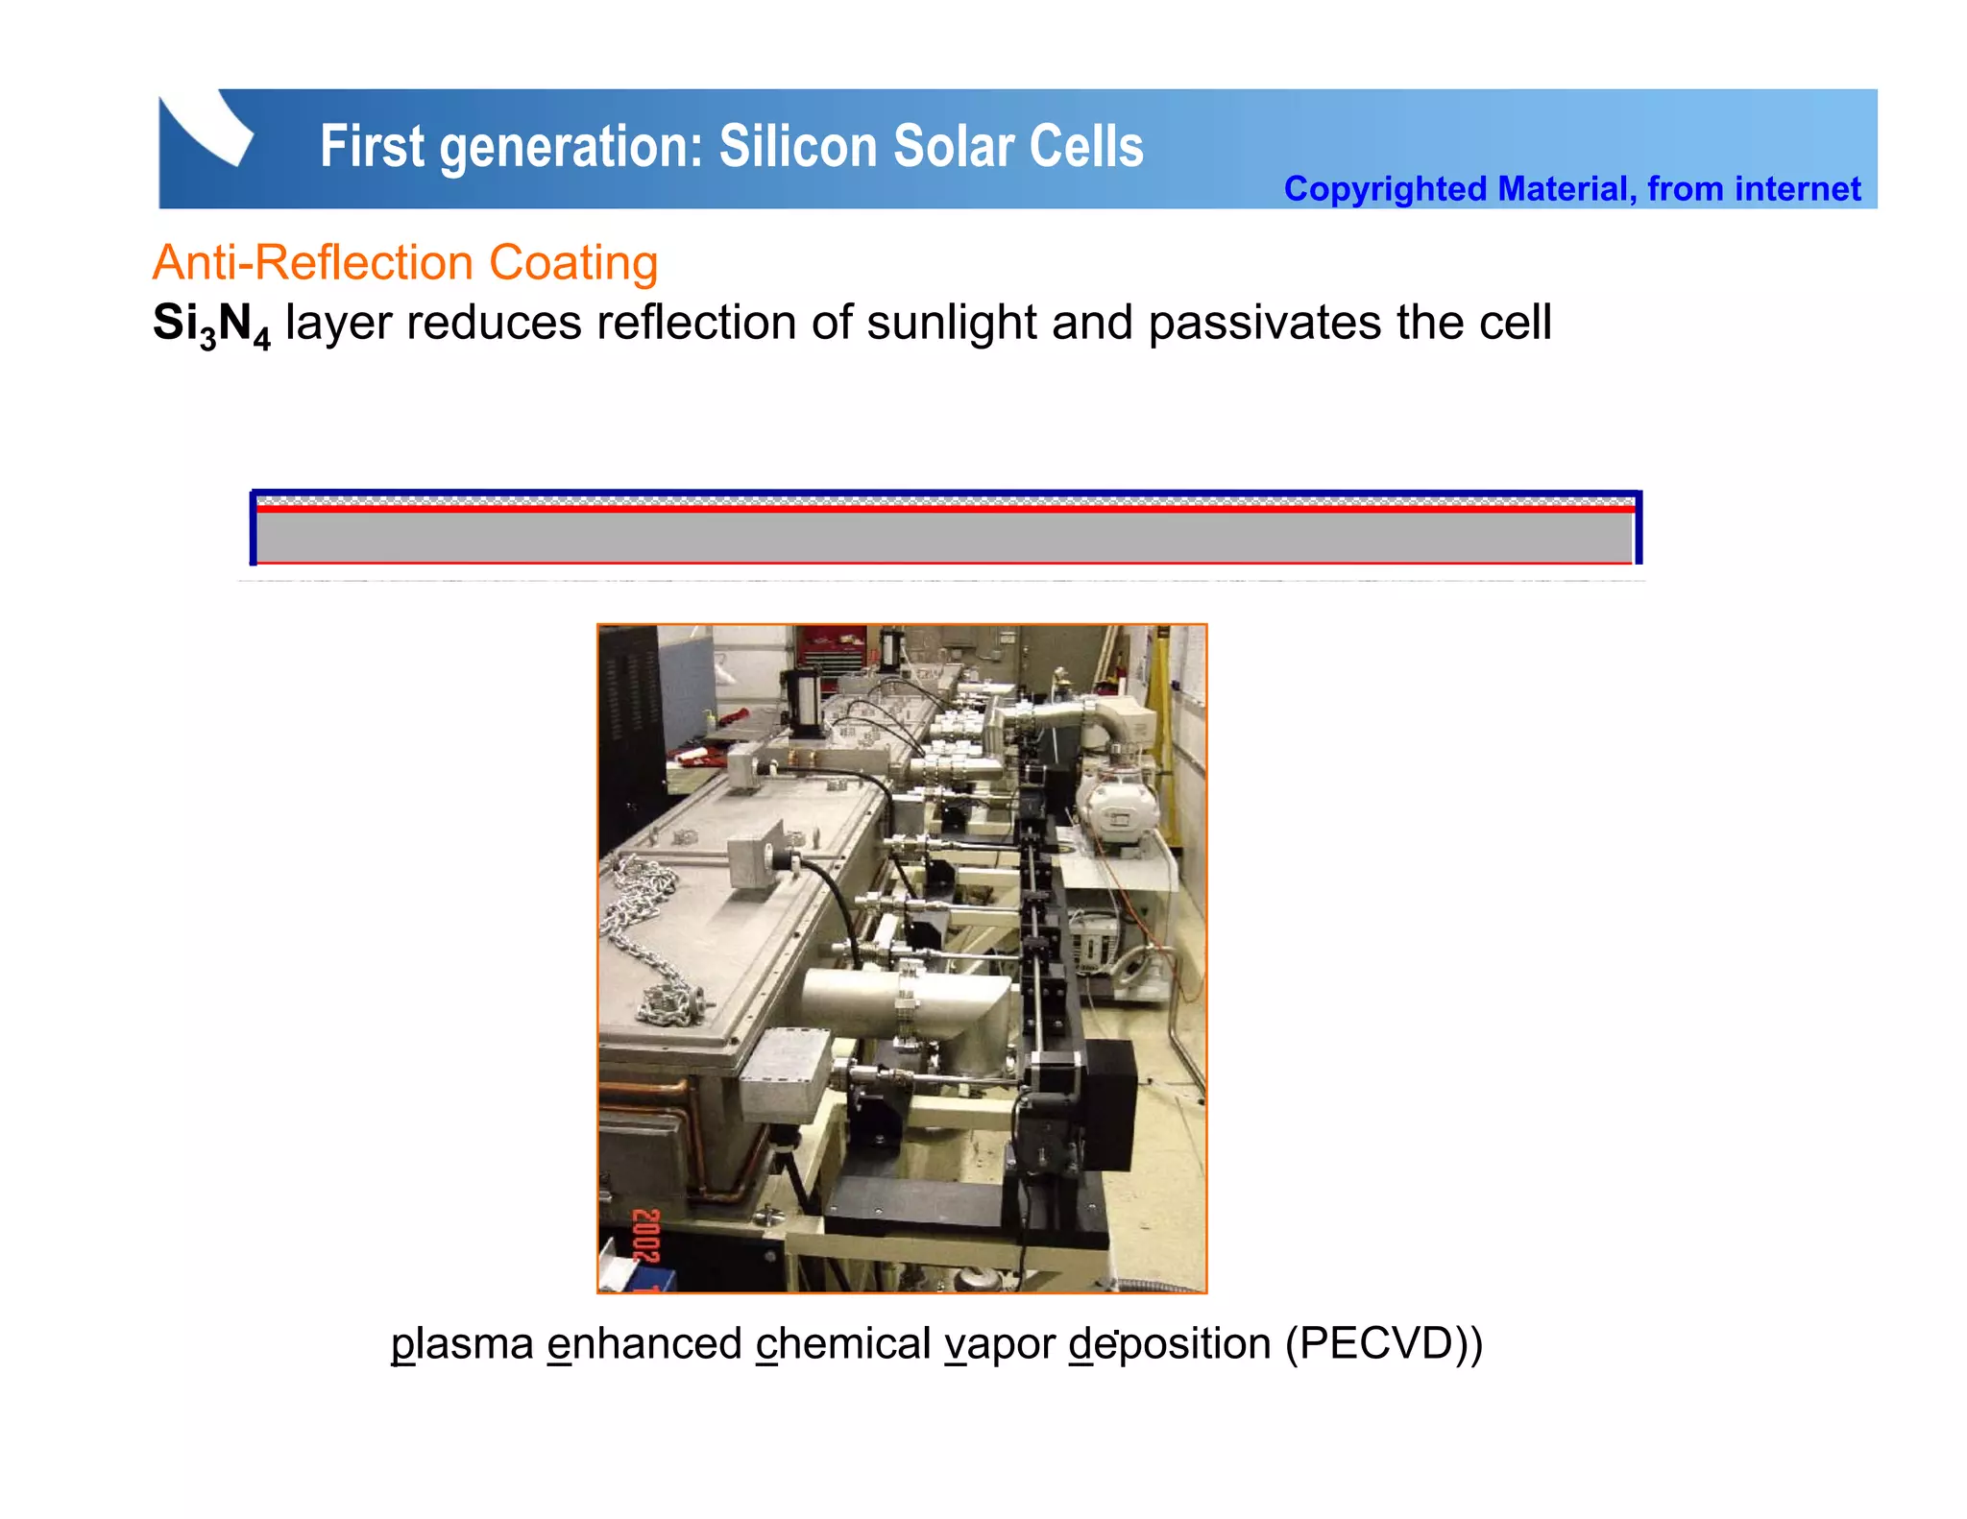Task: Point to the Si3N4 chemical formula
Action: pyautogui.click(x=211, y=325)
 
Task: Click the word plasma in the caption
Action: pyautogui.click(x=462, y=1344)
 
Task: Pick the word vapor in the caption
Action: pyautogui.click(x=999, y=1344)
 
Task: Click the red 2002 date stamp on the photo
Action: pyautogui.click(x=646, y=1237)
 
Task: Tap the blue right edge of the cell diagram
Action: pyautogui.click(x=1638, y=527)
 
